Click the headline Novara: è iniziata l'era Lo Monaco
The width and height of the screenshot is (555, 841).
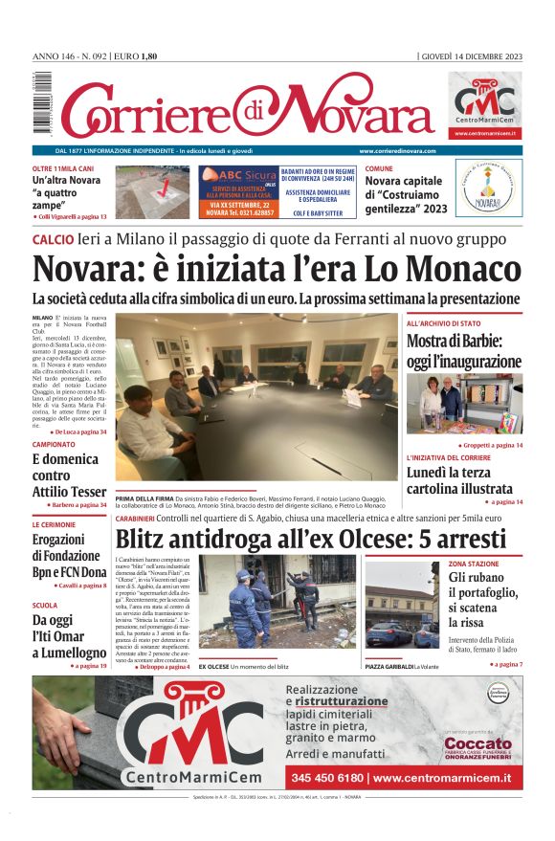[x=277, y=267]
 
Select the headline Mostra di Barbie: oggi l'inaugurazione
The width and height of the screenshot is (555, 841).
[x=464, y=351]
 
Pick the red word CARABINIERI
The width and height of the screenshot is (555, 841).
[x=144, y=518]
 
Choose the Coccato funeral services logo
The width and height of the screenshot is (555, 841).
[x=477, y=744]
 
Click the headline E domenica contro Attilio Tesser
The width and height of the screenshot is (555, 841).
[x=69, y=475]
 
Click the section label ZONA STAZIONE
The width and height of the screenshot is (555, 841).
[x=474, y=564]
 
